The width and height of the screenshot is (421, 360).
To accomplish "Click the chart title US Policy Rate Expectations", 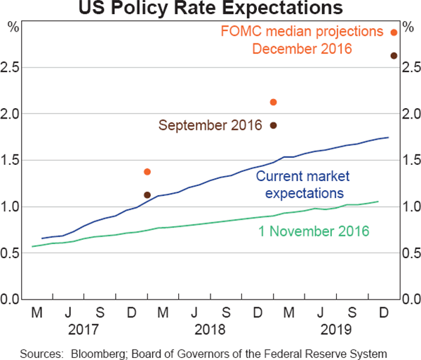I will pyautogui.click(x=210, y=8).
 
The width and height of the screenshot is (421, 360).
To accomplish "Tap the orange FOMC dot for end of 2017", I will pyautogui.click(x=147, y=172).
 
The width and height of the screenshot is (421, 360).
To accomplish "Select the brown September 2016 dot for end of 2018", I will pyautogui.click(x=274, y=126).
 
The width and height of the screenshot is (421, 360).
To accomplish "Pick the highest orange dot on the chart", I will pyautogui.click(x=394, y=32).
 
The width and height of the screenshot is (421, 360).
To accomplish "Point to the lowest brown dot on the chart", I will pyautogui.click(x=147, y=195).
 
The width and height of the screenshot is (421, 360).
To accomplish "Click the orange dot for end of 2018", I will pyautogui.click(x=274, y=102).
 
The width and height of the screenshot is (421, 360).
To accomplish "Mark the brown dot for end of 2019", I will pyautogui.click(x=394, y=56).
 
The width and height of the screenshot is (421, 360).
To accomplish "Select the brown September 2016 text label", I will pyautogui.click(x=210, y=126).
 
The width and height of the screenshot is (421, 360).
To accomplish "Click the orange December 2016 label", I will pyautogui.click(x=302, y=49).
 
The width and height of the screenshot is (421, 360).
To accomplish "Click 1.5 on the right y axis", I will pyautogui.click(x=410, y=160).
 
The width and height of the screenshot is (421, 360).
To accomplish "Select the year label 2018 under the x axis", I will pyautogui.click(x=210, y=328).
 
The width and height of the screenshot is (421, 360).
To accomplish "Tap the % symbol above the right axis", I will pyautogui.click(x=408, y=28).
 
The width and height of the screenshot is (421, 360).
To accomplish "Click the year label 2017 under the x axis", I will pyautogui.click(x=84, y=328).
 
